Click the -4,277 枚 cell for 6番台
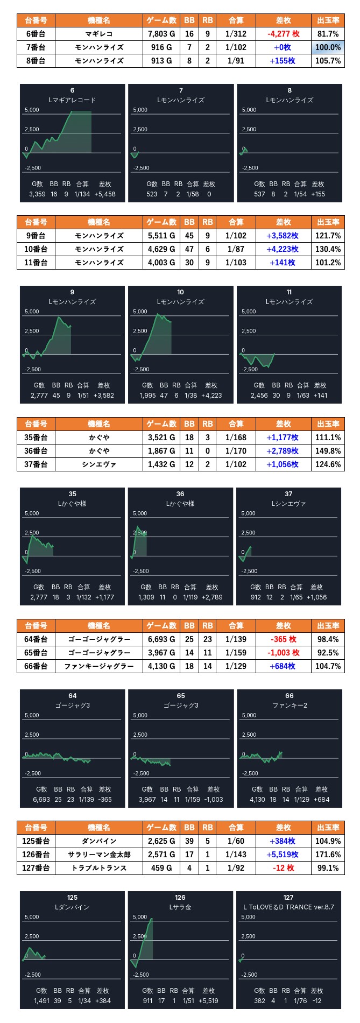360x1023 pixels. (283, 34)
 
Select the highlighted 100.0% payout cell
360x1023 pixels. (328, 47)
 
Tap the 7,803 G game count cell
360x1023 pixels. (161, 34)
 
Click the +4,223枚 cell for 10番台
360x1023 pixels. (283, 249)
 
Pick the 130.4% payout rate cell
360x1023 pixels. (328, 249)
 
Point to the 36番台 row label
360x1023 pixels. (36, 451)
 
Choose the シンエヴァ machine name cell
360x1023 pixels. (99, 464)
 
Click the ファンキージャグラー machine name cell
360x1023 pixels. (99, 666)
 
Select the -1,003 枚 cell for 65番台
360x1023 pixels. (283, 653)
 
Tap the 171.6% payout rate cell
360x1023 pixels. (328, 855)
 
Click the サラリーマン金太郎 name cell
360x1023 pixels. (99, 855)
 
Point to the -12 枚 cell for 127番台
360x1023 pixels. (283, 868)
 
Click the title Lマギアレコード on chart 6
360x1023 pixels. (72, 100)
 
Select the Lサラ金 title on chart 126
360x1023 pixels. (180, 907)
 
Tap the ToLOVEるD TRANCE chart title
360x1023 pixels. (289, 907)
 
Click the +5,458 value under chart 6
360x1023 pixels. (105, 194)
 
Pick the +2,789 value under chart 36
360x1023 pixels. (212, 597)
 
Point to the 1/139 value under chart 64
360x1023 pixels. (86, 800)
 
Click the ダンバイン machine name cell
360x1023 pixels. (99, 841)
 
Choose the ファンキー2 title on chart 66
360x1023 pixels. (290, 705)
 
